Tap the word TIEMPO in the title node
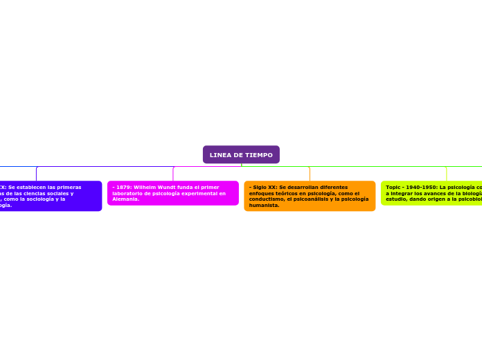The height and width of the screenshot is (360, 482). [x=258, y=154]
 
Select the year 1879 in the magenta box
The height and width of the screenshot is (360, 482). [x=123, y=187]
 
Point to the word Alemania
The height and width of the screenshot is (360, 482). [x=125, y=199]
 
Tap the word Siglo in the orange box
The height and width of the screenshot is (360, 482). [x=258, y=187]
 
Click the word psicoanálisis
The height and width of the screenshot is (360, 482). [x=313, y=199]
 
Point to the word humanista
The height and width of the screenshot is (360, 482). [x=263, y=206]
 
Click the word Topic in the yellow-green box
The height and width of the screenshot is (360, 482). [x=393, y=187]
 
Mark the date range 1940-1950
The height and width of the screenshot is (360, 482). [x=423, y=187]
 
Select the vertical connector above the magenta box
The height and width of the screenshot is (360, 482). [x=173, y=174]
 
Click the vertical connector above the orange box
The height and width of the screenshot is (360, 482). [x=310, y=174]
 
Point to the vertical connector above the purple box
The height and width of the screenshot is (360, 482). [x=36, y=174]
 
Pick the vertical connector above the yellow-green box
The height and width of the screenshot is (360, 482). [x=447, y=174]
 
